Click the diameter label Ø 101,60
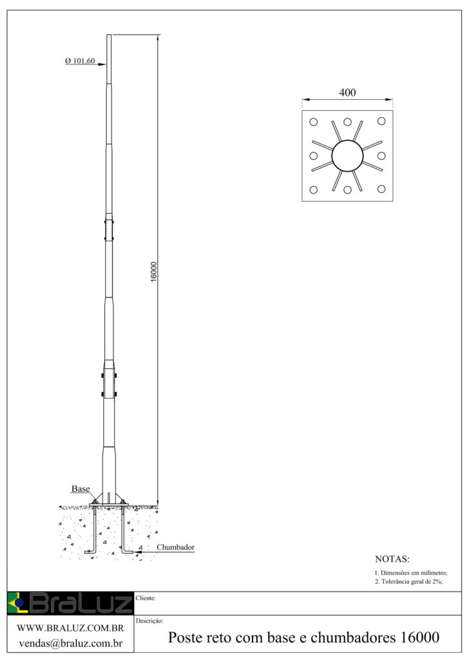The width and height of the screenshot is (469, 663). pos(80,61)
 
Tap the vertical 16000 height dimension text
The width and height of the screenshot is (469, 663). pos(154,271)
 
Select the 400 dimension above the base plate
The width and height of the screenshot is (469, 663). pos(347,93)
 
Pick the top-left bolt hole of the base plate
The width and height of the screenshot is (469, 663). pos(313,122)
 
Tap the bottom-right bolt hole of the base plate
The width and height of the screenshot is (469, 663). pos(381,189)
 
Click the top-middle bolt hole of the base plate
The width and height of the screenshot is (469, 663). pos(347,122)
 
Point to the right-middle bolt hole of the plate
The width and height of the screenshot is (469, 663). pos(381,156)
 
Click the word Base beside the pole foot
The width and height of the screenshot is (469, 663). pos(81,489)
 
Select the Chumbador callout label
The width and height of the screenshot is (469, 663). pos(176,547)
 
